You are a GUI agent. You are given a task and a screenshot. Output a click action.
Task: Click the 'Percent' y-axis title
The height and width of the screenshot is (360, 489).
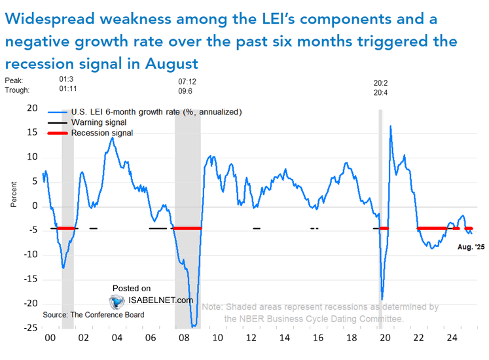pos(14,194)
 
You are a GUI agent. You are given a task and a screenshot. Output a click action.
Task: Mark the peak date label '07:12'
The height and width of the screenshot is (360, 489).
pos(187,82)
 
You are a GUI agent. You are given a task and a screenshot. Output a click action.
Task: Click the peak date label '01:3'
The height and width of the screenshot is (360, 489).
pos(66,82)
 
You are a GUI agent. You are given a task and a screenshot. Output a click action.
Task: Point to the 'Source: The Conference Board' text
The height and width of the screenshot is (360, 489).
pos(94,315)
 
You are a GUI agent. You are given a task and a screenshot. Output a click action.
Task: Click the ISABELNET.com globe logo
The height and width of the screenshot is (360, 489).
pos(117,301)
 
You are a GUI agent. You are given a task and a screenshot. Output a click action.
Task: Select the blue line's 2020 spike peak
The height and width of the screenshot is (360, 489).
pos(391,126)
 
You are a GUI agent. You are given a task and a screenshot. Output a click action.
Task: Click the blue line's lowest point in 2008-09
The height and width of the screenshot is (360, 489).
pos(194,326)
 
